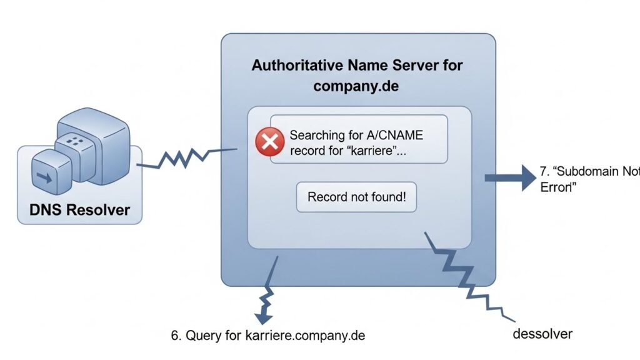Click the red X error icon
[x=270, y=142]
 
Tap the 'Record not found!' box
[x=357, y=197]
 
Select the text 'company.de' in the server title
[x=356, y=86]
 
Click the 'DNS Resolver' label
[x=80, y=209]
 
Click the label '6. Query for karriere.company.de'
[x=267, y=335]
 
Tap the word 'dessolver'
[x=542, y=333]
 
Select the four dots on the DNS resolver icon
[x=75, y=141]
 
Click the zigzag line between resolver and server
[x=184, y=158]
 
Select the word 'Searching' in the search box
[x=316, y=135]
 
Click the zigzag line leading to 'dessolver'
[x=466, y=275]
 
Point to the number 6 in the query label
[x=175, y=335]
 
